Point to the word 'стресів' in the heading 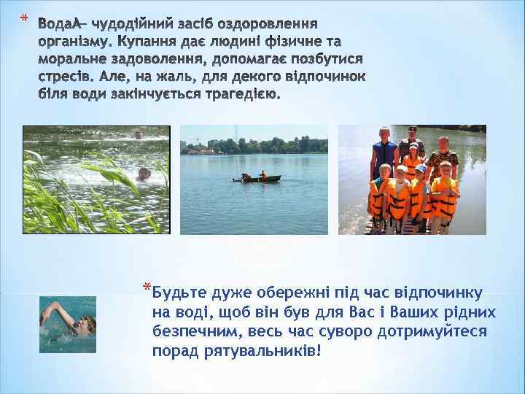[63, 77]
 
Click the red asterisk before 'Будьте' [147, 285]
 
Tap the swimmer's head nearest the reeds [143, 174]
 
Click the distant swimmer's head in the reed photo [137, 134]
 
